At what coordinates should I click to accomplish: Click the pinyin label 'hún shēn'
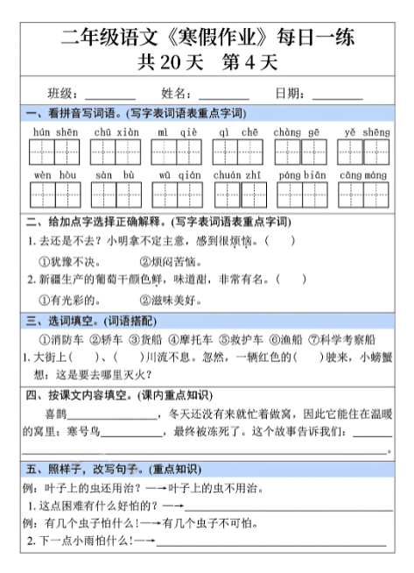[x=55, y=131]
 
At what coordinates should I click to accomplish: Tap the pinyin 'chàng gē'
[x=300, y=131]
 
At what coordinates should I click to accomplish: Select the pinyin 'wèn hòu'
[x=55, y=175]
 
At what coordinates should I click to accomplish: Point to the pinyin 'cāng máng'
[x=363, y=175]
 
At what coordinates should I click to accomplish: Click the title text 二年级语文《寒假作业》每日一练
[x=207, y=38]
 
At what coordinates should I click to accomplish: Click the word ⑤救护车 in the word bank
[x=241, y=339]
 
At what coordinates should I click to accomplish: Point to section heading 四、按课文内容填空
[x=80, y=395]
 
